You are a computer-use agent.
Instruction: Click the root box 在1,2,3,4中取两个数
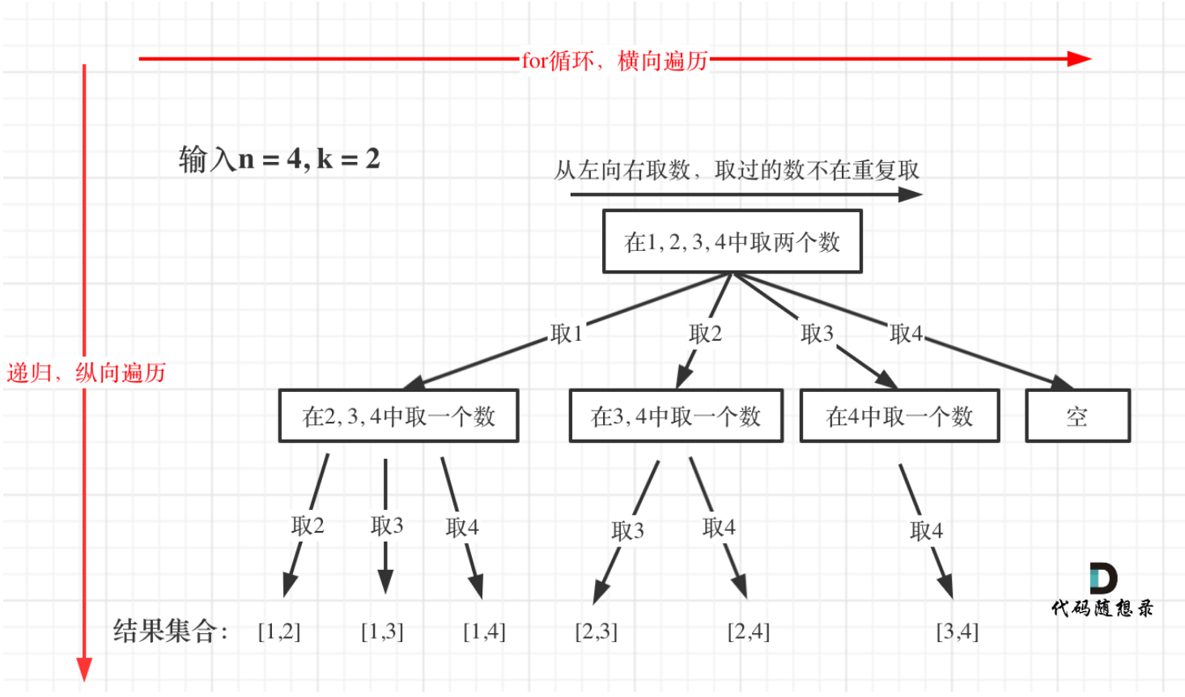pos(732,241)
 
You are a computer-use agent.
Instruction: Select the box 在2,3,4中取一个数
pos(398,416)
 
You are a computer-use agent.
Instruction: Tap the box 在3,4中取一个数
pos(676,416)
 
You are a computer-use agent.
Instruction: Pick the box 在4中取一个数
pos(899,416)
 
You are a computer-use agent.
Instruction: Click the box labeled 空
pos(1077,416)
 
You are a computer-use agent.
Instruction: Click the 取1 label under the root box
pos(566,334)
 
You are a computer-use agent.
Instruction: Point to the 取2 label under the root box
pos(705,334)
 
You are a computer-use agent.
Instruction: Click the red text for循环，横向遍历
pos(614,61)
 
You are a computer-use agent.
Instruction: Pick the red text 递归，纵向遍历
pos(86,372)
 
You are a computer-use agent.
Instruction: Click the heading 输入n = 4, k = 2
pos(279,159)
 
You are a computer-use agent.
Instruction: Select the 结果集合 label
pos(171,631)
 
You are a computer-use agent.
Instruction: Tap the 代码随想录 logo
pos(1102,591)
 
